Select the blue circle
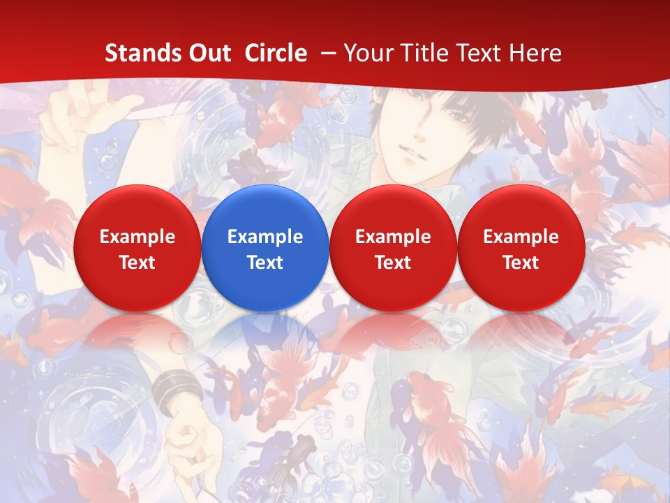[x=265, y=248]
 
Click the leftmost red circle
[x=137, y=248]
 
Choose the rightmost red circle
[x=521, y=248]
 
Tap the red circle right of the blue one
[x=393, y=248]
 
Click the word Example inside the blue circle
[x=265, y=237]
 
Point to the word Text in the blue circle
[x=265, y=263]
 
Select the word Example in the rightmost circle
[x=521, y=237]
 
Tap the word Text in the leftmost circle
[x=137, y=263]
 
